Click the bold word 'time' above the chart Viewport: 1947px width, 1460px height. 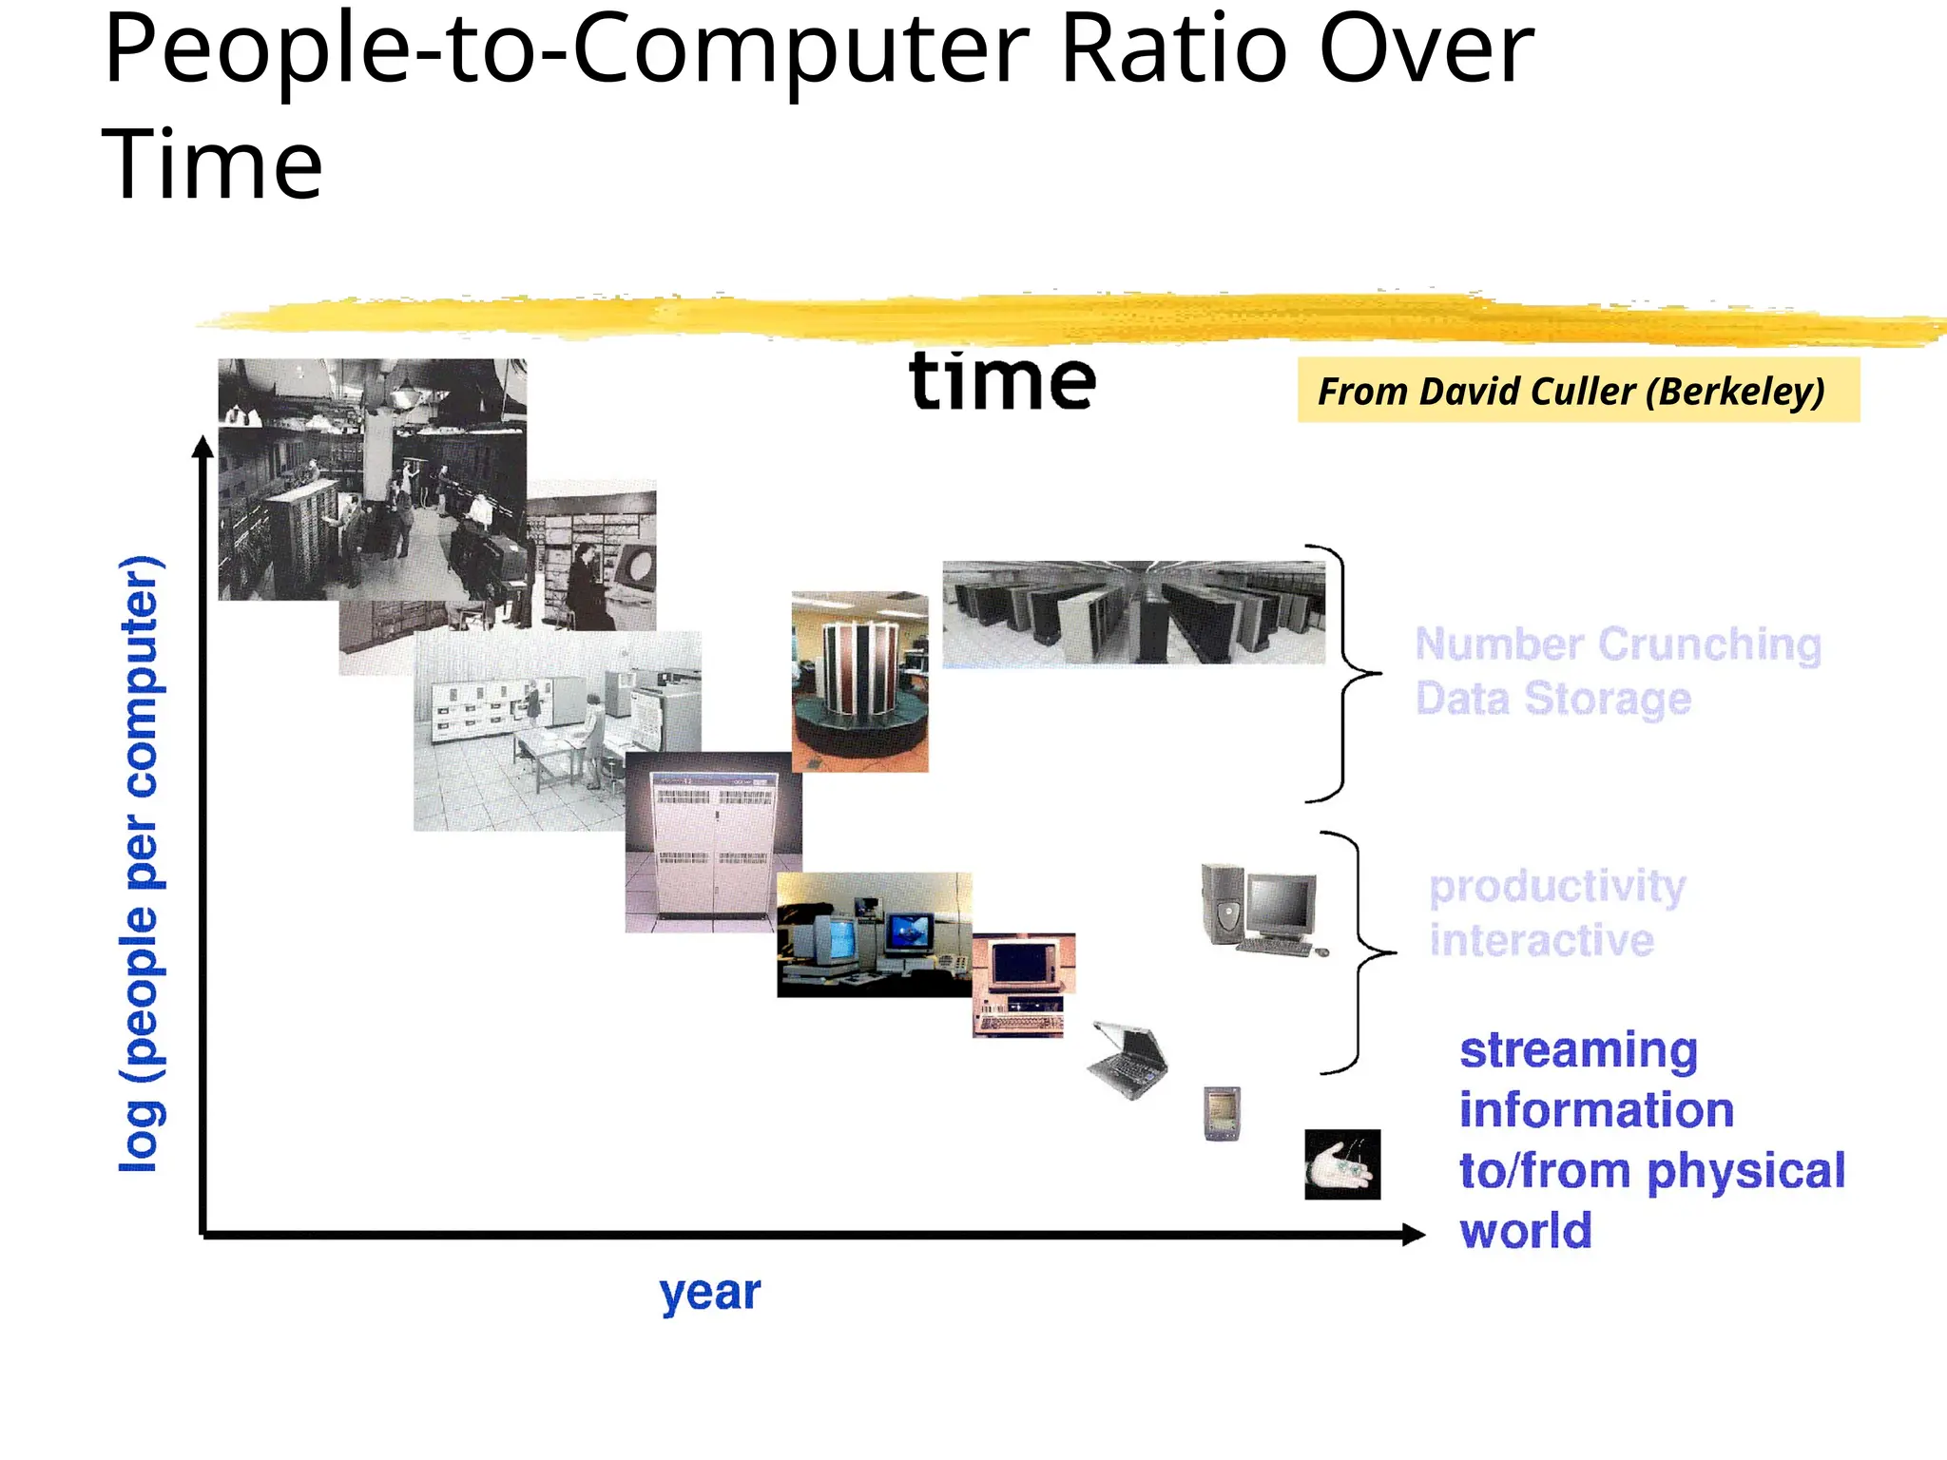pyautogui.click(x=1002, y=381)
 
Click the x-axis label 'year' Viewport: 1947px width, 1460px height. pyautogui.click(x=710, y=1293)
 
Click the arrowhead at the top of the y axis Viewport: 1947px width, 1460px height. pyautogui.click(x=202, y=448)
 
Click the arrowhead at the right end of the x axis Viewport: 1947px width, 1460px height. pyautogui.click(x=1414, y=1234)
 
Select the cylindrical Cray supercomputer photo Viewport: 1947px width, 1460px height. pyautogui.click(x=859, y=681)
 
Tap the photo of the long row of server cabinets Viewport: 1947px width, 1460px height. pyautogui.click(x=1133, y=612)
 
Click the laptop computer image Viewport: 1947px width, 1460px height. pyautogui.click(x=1128, y=1060)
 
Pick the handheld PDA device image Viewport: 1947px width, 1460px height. pyautogui.click(x=1222, y=1112)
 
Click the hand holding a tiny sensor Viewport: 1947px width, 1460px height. pyautogui.click(x=1341, y=1164)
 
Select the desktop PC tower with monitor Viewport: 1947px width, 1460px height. pyautogui.click(x=1261, y=910)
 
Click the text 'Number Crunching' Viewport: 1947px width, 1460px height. pyautogui.click(x=1618, y=644)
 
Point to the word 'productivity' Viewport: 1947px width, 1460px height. pyautogui.click(x=1557, y=886)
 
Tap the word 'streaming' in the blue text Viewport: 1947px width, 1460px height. pyautogui.click(x=1578, y=1050)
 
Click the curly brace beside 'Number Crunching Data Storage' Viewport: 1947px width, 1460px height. pyautogui.click(x=1345, y=673)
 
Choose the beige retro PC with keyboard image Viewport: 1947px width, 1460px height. pyautogui.click(x=1023, y=985)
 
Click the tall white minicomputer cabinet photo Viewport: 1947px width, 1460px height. pyautogui.click(x=713, y=842)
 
